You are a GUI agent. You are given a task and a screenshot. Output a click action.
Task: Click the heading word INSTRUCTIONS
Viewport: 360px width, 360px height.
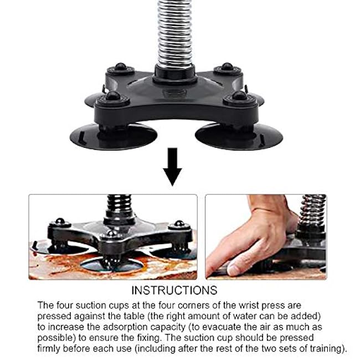(x=174, y=290)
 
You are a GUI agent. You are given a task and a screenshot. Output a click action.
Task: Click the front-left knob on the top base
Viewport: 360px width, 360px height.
(x=114, y=97)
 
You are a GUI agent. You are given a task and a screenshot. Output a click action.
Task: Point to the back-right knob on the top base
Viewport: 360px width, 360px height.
(x=227, y=68)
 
